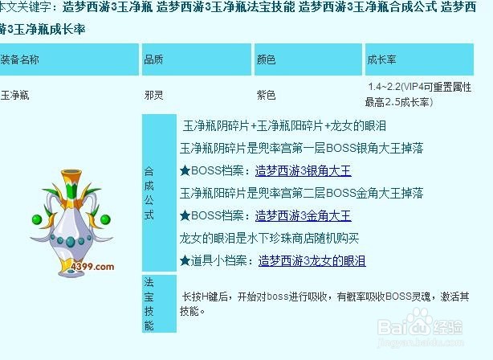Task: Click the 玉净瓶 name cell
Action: pos(14,95)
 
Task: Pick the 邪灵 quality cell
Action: pos(153,95)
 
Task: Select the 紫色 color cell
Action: pos(266,95)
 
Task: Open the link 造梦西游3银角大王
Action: pos(303,171)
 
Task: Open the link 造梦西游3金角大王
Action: pos(303,216)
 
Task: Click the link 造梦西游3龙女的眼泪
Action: pos(312,261)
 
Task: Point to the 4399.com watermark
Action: pos(92,267)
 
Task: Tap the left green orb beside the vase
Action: pos(37,219)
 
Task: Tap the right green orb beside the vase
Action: pos(105,219)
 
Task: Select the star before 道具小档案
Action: pos(185,261)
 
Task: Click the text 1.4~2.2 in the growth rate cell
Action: pos(385,87)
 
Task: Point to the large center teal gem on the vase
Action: pos(71,241)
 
